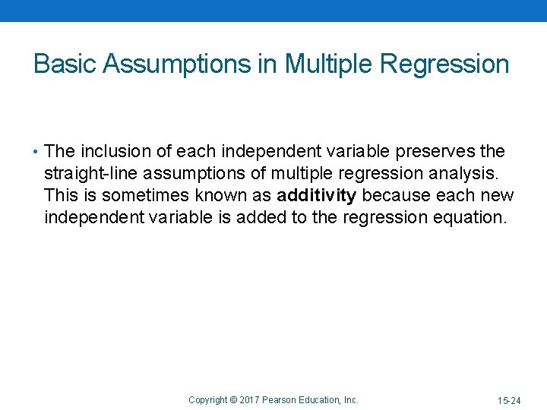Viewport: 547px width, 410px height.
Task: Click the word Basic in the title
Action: click(65, 64)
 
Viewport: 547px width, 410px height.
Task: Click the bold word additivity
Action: click(316, 195)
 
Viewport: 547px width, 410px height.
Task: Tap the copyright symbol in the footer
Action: click(235, 399)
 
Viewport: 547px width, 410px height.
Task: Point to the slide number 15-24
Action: click(508, 400)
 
